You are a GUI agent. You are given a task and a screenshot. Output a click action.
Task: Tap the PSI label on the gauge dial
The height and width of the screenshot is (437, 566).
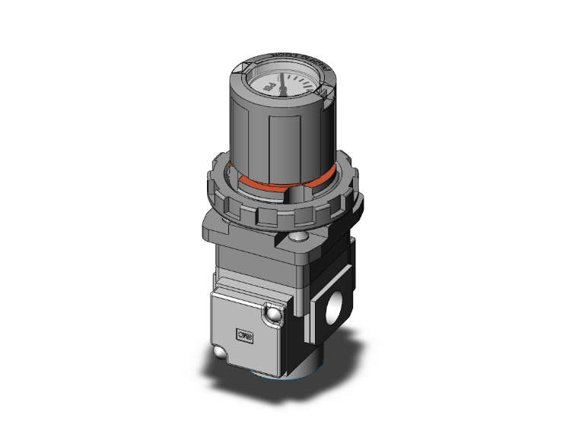pos(268,90)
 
